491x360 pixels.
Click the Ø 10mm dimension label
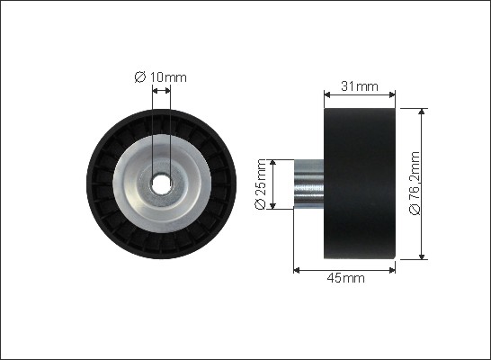pos(160,77)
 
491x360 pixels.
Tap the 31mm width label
pos(360,85)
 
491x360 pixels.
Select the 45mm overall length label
pos(345,278)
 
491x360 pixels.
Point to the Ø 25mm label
pos(261,184)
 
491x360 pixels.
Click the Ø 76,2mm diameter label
pos(415,184)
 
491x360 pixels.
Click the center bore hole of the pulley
pos(161,184)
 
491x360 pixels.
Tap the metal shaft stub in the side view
pos(308,184)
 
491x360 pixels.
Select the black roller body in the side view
pos(360,184)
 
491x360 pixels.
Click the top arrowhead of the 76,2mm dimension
pos(423,112)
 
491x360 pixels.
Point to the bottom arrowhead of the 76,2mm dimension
pos(423,256)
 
